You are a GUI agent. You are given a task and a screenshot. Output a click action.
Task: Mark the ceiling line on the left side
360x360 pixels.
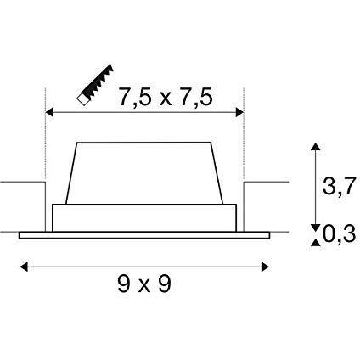(x=21, y=181)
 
